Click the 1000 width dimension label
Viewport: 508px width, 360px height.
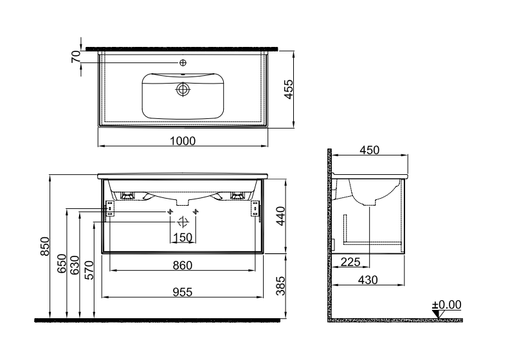click(x=183, y=141)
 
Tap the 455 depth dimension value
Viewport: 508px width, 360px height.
click(x=288, y=89)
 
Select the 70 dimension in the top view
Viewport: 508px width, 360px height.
click(x=76, y=57)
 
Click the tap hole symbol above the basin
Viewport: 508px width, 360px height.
click(x=183, y=62)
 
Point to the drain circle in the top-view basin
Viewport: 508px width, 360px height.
click(x=183, y=89)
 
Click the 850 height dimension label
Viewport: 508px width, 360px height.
click(x=45, y=246)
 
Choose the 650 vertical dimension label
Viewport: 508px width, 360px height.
click(x=62, y=264)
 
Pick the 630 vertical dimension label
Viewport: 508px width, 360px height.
click(x=75, y=265)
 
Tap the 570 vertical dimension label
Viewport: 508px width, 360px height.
click(x=89, y=270)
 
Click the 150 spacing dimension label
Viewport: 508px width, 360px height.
click(x=183, y=237)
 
